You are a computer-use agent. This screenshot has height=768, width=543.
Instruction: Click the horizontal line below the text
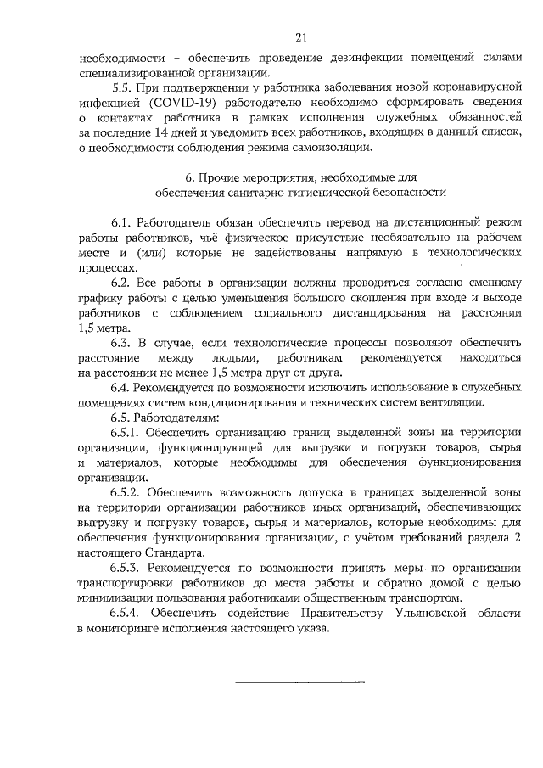(x=299, y=681)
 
